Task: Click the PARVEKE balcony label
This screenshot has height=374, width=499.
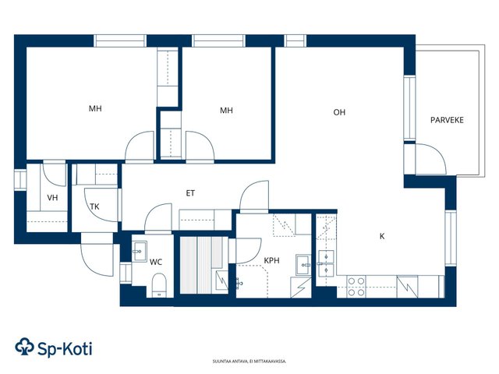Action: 447,120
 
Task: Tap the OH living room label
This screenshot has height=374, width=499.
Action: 339,112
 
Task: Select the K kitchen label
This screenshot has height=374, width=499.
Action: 382,236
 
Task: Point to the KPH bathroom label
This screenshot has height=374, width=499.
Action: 272,260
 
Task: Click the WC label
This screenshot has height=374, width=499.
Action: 156,262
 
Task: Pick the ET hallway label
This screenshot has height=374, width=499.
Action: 190,193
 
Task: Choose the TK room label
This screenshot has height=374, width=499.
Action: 94,206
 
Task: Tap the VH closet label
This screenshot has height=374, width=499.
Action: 52,198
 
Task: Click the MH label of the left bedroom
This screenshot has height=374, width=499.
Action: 95,109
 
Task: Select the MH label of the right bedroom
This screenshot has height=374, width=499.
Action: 226,111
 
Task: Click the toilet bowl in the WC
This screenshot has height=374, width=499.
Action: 159,284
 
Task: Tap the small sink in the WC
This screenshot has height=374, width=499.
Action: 139,251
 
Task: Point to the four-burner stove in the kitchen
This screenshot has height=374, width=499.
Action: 356,287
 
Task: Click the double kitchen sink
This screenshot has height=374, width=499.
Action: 326,263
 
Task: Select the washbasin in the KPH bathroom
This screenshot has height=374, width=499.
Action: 303,265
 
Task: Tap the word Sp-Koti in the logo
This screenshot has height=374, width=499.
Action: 65,348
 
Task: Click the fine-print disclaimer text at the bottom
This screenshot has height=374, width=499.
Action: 249,362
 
